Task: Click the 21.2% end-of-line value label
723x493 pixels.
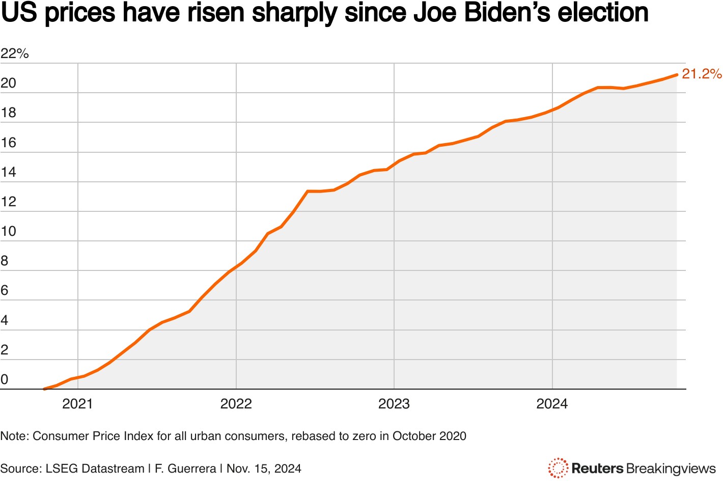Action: (701, 74)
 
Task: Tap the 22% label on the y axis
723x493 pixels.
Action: (15, 53)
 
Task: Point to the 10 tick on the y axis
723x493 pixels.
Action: (9, 231)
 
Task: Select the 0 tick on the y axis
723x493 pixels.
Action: (5, 379)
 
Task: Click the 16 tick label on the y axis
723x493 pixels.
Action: (9, 143)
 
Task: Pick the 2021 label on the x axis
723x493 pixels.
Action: (77, 404)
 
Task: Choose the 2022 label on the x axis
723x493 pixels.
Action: (236, 404)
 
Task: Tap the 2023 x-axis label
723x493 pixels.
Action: (394, 404)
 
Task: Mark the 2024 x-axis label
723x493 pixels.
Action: (552, 404)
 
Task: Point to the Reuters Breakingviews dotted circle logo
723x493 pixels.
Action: (558, 468)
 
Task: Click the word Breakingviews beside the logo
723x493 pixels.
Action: (671, 469)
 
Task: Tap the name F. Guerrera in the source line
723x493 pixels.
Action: (185, 469)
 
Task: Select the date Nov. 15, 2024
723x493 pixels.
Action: (264, 469)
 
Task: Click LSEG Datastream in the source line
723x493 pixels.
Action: (95, 469)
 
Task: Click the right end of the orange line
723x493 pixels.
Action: (676, 75)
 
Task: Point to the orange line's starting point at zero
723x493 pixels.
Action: (45, 389)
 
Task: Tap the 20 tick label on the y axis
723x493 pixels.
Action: (9, 83)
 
